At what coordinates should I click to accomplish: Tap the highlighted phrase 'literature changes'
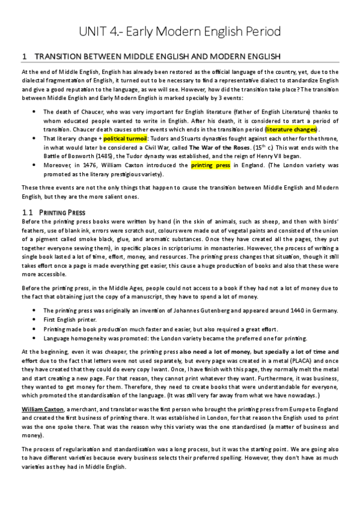click(x=293, y=129)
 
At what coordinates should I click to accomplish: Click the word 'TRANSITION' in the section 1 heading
click(x=54, y=57)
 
